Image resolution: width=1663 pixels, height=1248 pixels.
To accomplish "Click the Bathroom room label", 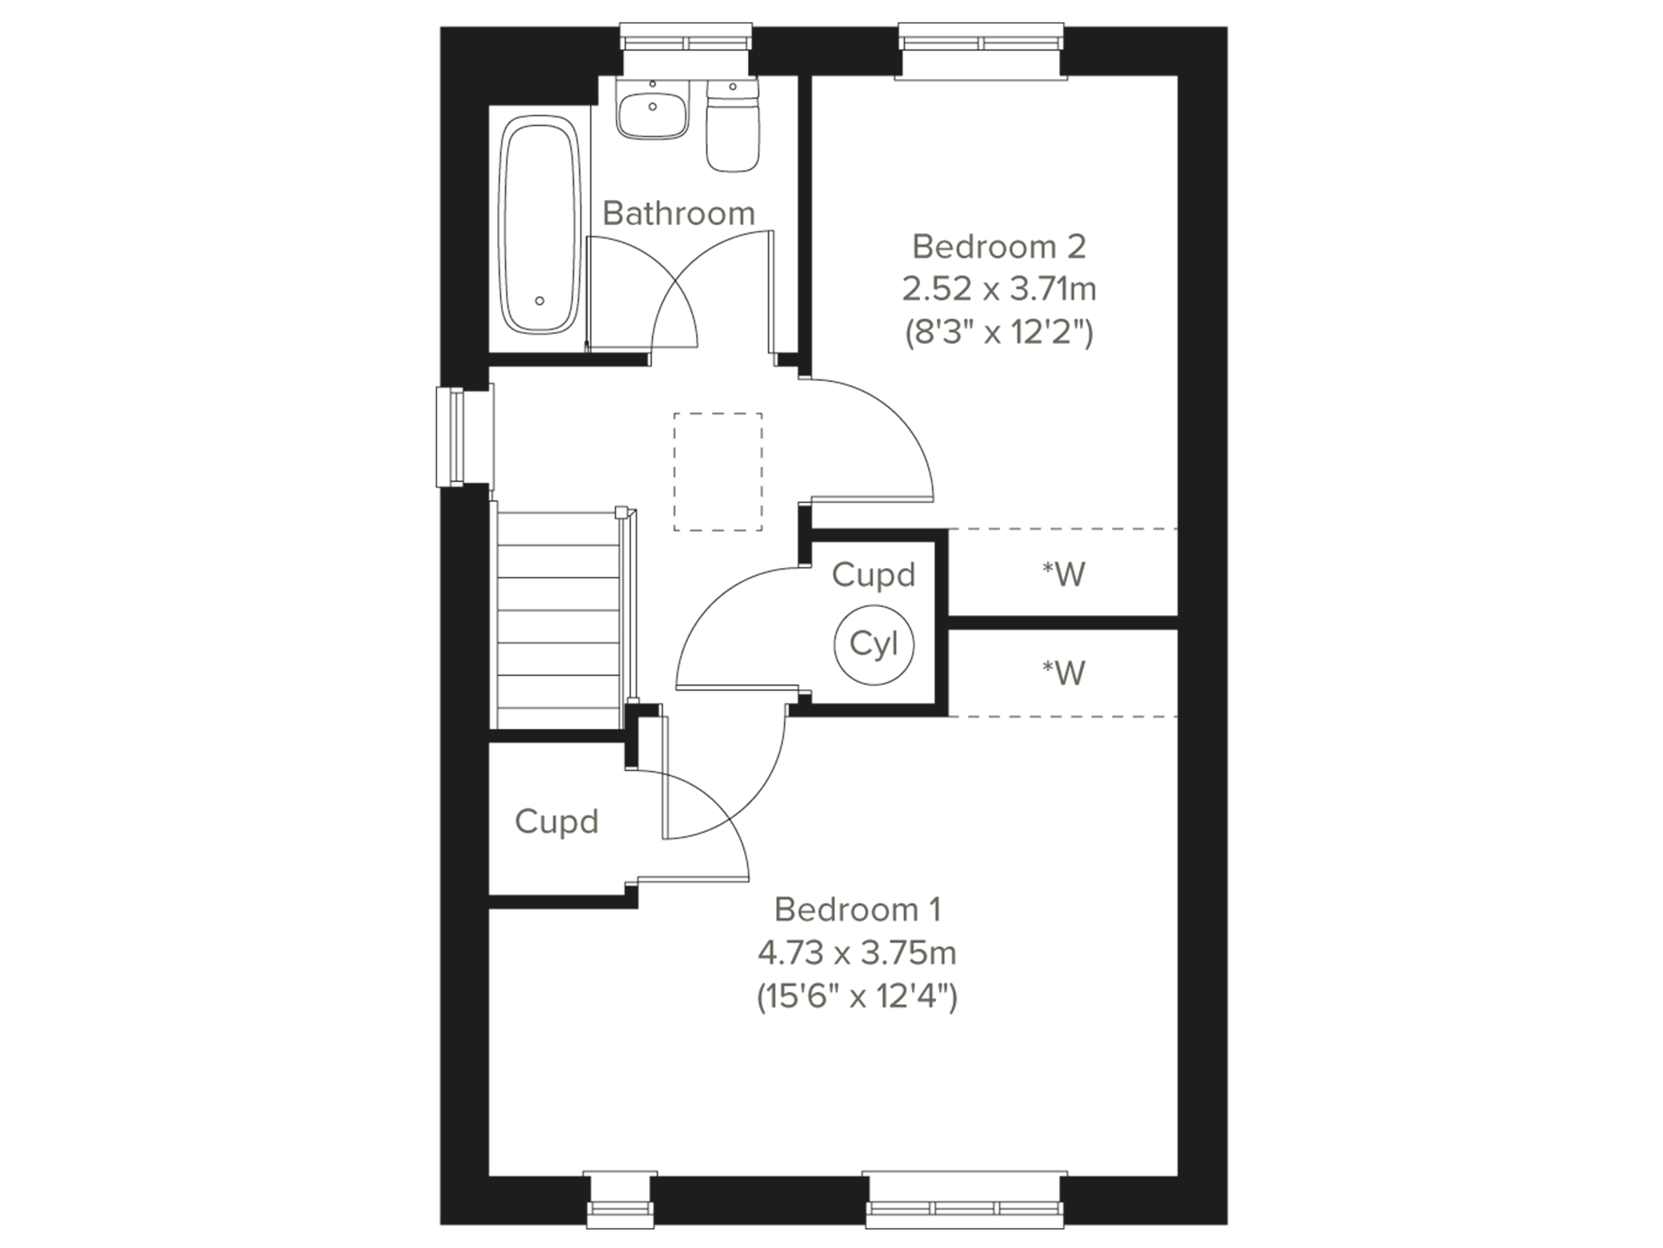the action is coord(679,213).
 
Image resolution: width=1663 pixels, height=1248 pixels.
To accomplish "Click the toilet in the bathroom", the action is coord(733,125).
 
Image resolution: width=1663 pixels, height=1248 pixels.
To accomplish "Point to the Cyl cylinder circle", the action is coord(874,644).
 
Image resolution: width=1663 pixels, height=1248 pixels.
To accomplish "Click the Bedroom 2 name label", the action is coord(999,246).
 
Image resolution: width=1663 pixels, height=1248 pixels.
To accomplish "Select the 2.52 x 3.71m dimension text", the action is coord(999,288).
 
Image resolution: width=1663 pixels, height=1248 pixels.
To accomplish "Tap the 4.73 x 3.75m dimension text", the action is coord(857,952).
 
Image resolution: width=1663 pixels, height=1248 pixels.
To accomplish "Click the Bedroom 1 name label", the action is coord(857,909).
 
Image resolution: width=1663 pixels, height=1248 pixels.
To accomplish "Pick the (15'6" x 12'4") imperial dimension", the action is coord(857,995).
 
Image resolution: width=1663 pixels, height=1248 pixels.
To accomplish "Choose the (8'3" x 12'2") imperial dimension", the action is coord(999,332).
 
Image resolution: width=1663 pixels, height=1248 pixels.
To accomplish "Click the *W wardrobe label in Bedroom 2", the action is coord(1064,574).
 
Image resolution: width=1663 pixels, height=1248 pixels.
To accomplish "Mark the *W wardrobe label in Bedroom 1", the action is coord(1064,673).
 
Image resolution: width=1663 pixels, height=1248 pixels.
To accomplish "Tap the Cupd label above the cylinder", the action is coord(874,575).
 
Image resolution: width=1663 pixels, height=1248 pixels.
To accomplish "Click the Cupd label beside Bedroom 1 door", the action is coord(557,821).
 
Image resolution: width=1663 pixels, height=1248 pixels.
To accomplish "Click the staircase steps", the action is coord(558,620).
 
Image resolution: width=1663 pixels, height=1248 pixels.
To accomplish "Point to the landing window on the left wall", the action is coord(464,436).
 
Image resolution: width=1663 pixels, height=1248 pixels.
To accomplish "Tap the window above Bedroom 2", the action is coord(981,52).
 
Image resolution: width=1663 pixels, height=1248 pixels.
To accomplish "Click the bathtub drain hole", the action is coord(539,301).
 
